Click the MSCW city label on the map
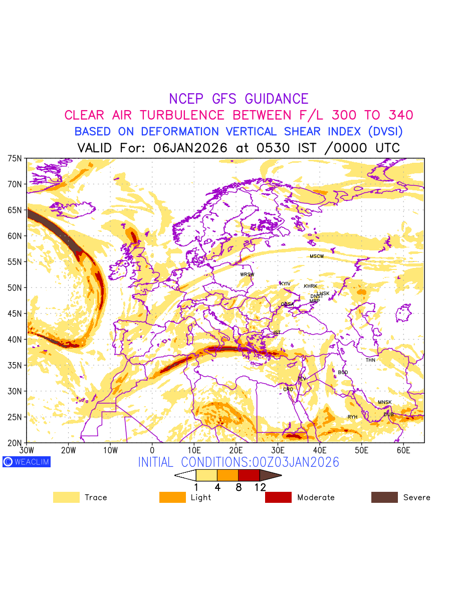click(317, 256)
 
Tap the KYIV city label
click(285, 284)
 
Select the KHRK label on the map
click(311, 286)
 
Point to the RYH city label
click(353, 417)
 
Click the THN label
click(370, 360)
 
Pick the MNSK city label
click(385, 403)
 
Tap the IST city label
click(277, 333)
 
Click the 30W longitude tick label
click(27, 451)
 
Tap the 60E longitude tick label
click(403, 451)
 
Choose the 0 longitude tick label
click(152, 451)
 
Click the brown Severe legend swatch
click(384, 497)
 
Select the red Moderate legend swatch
click(278, 497)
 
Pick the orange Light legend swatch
click(172, 497)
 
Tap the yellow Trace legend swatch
click(66, 497)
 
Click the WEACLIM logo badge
click(27, 462)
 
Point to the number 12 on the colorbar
click(260, 487)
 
